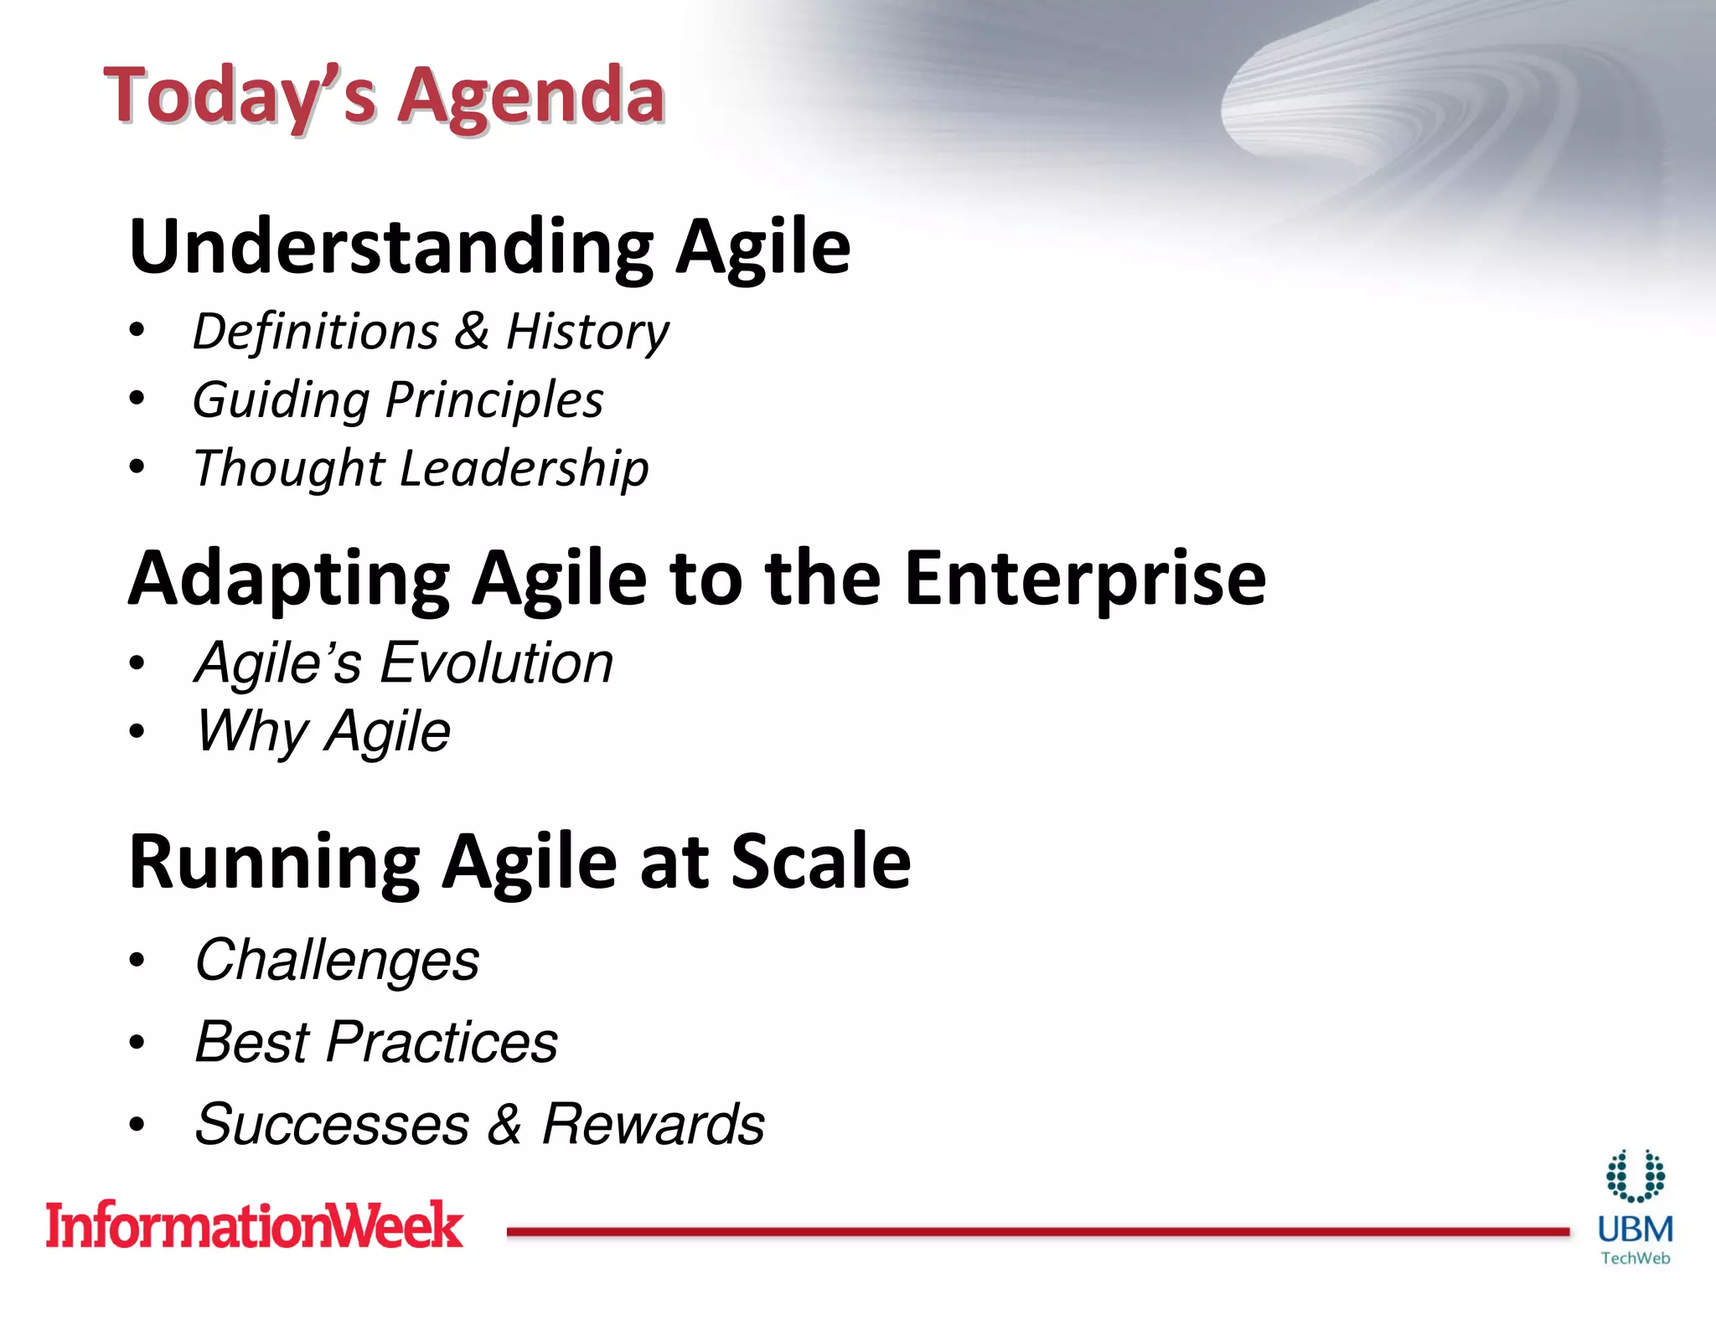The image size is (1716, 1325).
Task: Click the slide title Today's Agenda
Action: [x=384, y=96]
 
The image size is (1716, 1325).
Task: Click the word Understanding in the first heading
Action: [x=391, y=247]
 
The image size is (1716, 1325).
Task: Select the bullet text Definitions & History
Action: [x=431, y=332]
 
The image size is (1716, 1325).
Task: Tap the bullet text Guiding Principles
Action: [x=398, y=400]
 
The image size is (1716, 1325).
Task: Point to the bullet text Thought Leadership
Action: [x=421, y=467]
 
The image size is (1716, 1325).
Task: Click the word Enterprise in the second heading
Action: [x=1084, y=578]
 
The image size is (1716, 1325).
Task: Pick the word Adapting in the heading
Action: [x=289, y=580]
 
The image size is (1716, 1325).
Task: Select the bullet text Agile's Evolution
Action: [x=404, y=663]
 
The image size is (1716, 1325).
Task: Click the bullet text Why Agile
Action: [x=323, y=731]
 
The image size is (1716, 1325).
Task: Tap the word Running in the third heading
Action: [x=274, y=863]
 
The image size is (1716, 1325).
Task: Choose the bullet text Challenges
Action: [x=337, y=960]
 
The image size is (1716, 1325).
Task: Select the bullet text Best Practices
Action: [x=376, y=1043]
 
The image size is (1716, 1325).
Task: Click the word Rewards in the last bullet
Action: [x=653, y=1124]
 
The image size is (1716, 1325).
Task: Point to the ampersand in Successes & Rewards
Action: [x=505, y=1125]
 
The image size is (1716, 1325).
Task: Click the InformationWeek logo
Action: [x=254, y=1225]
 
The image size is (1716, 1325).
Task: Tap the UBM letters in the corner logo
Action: [x=1635, y=1230]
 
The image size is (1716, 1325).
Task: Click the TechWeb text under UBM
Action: [x=1635, y=1258]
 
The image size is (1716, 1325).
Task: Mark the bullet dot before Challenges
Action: [x=137, y=962]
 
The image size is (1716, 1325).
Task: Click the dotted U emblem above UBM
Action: [x=1635, y=1176]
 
